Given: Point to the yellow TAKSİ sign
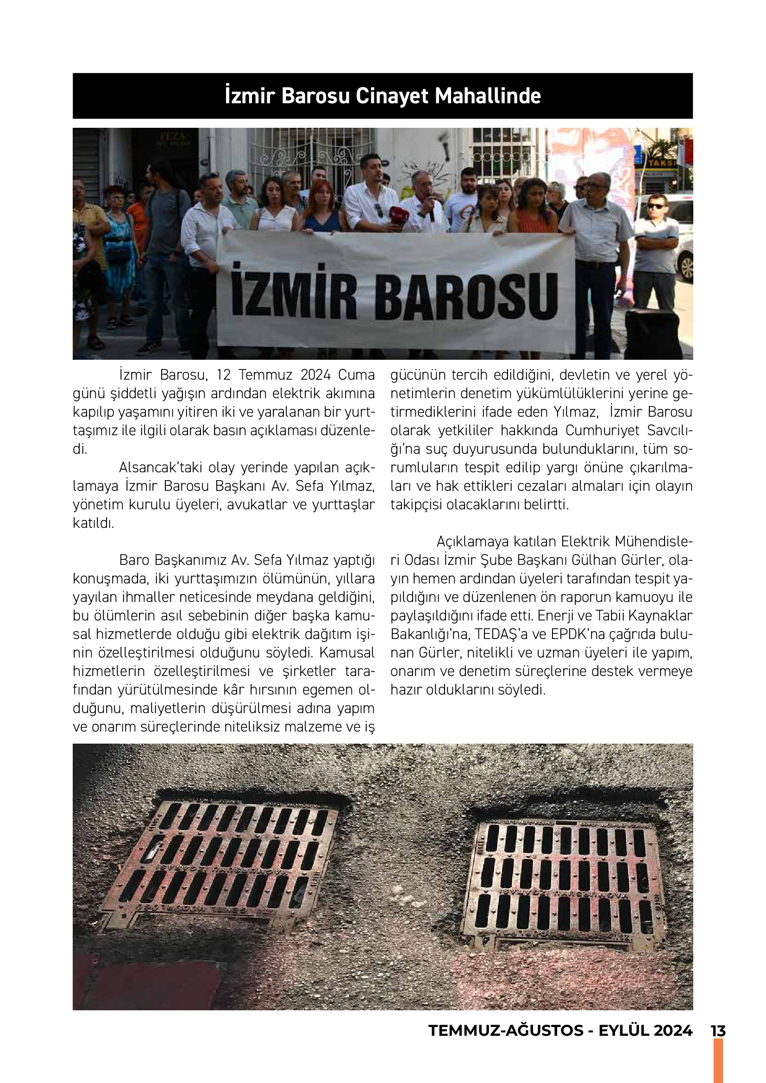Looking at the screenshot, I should point(662,163).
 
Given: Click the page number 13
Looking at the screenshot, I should point(718,1031).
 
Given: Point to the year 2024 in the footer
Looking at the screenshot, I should point(673,1031).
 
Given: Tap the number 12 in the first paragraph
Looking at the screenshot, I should point(224,375).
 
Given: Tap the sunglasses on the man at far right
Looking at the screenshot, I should point(656,206).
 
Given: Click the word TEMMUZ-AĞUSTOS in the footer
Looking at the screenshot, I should point(506,1031).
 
